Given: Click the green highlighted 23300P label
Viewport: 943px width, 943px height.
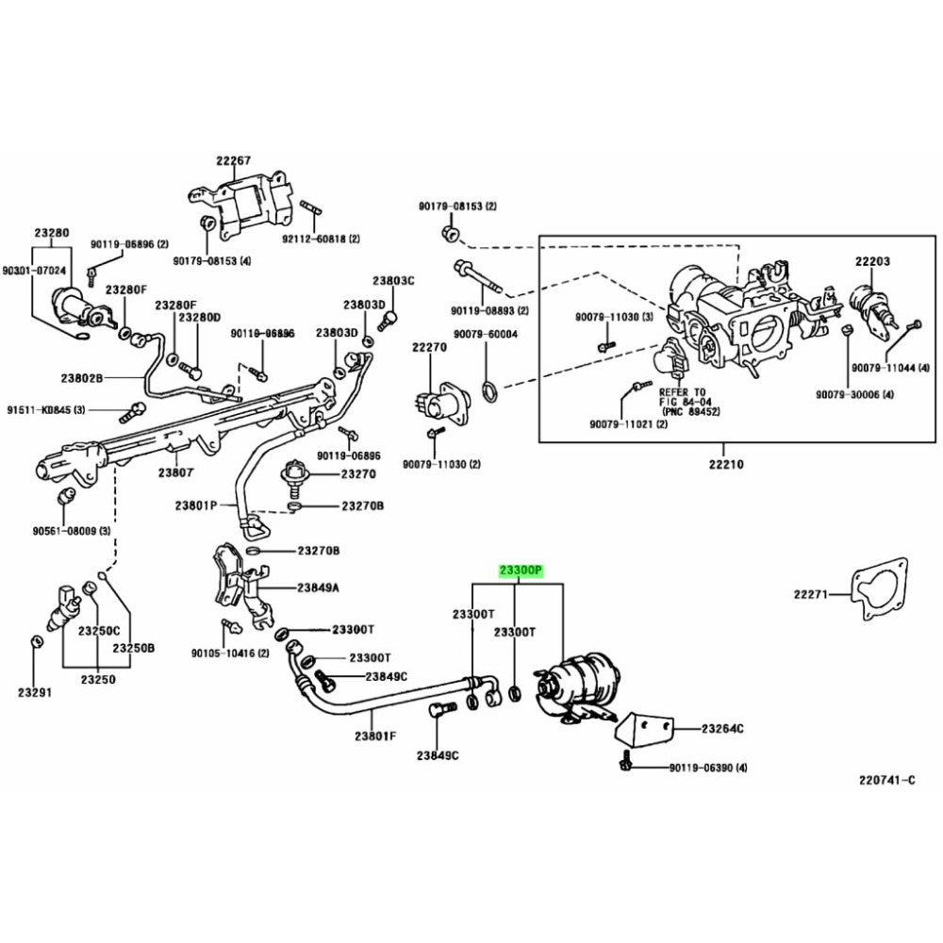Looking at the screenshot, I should (x=521, y=571).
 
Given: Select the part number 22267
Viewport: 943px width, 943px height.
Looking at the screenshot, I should (x=234, y=160).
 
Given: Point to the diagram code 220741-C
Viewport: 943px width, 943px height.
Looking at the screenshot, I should (x=886, y=780).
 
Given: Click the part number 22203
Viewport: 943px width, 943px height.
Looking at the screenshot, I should (x=872, y=260).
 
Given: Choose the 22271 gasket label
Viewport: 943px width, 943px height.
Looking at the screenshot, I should (x=809, y=594).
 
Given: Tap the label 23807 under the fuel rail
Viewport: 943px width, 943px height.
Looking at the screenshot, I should (x=175, y=472).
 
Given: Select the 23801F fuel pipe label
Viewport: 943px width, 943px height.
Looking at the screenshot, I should (x=375, y=736).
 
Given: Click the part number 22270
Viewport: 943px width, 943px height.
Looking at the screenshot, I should (x=428, y=347).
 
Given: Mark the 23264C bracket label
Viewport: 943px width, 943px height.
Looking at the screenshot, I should (x=722, y=728).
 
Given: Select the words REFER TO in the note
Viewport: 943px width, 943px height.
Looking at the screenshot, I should (x=682, y=391).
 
